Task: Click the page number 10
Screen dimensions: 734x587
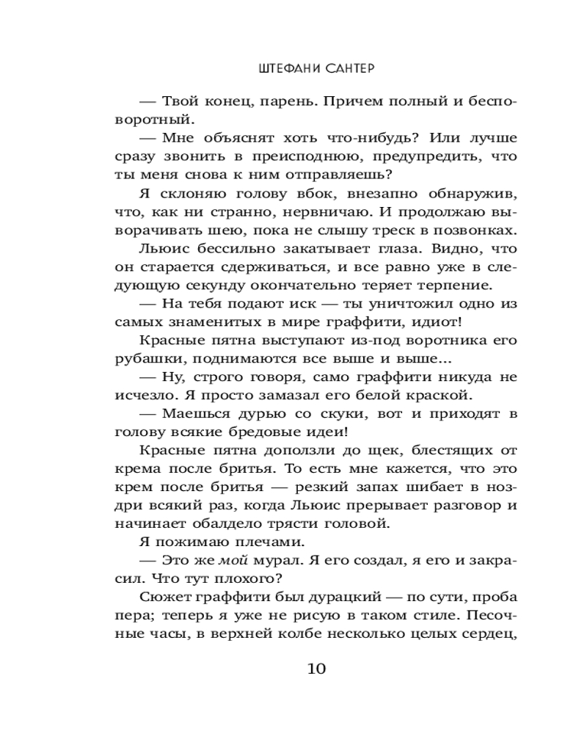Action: pyautogui.click(x=316, y=669)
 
